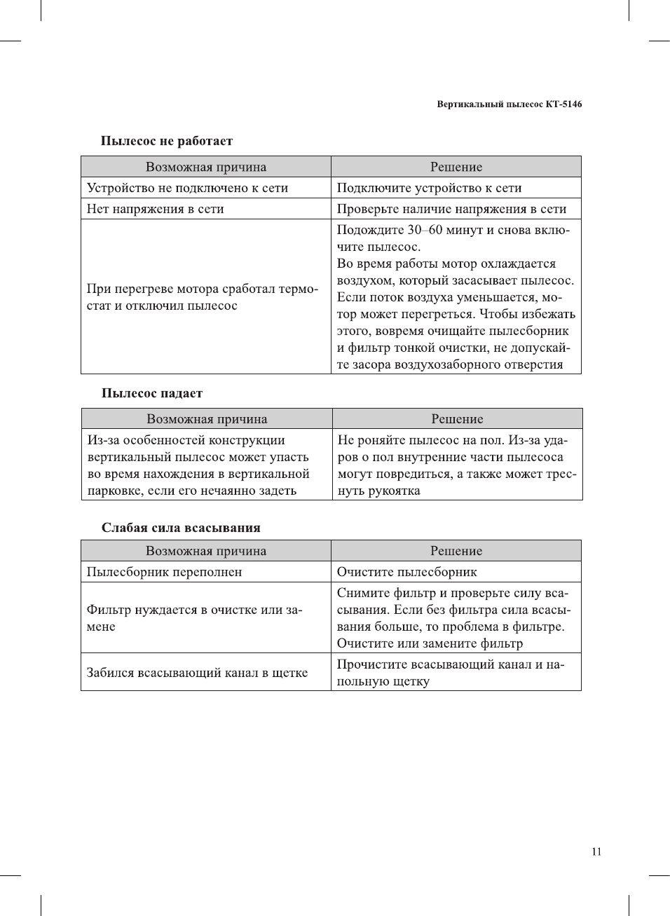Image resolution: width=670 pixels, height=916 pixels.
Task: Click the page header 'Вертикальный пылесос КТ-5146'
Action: click(x=509, y=104)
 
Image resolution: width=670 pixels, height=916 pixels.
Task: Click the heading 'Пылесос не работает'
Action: click(x=166, y=141)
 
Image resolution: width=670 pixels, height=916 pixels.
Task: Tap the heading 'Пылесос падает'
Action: click(x=151, y=393)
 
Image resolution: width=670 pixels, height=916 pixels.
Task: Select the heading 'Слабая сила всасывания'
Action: click(x=180, y=528)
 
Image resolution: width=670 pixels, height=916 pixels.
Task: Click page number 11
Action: click(x=596, y=852)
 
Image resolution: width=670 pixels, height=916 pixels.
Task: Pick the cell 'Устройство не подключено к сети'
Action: click(x=187, y=188)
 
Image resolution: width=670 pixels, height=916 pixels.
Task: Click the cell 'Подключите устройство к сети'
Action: click(x=429, y=188)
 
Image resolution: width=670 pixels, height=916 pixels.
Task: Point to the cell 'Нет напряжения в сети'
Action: click(x=155, y=209)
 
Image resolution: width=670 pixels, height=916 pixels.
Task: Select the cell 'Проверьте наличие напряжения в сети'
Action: click(x=451, y=209)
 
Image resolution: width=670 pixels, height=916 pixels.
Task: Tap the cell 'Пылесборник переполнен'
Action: click(x=164, y=572)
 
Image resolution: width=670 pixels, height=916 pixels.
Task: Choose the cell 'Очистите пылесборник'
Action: click(x=406, y=572)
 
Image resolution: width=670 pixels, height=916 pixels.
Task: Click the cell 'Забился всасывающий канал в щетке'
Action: click(x=197, y=673)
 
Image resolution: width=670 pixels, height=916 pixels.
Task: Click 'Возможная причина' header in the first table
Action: click(x=206, y=167)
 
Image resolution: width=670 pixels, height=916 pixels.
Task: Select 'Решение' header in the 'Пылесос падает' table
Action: click(x=457, y=419)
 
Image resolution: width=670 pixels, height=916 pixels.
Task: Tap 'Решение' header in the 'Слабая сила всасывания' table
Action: click(x=456, y=551)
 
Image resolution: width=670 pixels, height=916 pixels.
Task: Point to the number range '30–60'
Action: click(x=425, y=230)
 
